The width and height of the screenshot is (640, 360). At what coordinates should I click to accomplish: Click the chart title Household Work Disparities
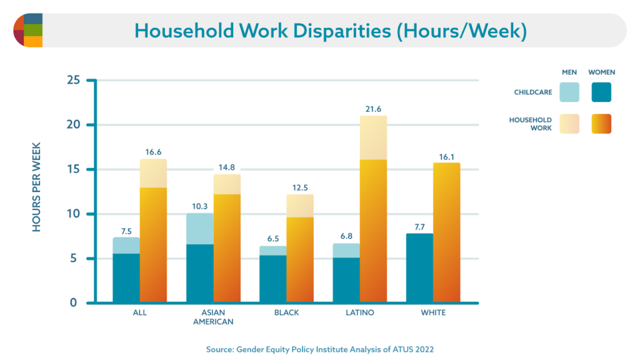(x=330, y=31)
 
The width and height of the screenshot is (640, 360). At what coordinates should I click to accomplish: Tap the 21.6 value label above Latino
(x=373, y=109)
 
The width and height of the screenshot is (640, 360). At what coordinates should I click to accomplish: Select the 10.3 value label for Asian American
(x=199, y=206)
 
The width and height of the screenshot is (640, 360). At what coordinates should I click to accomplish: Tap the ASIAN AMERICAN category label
(x=214, y=317)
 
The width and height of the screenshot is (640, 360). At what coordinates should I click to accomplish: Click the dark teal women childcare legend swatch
(x=601, y=92)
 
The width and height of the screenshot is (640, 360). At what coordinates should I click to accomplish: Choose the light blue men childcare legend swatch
(x=569, y=92)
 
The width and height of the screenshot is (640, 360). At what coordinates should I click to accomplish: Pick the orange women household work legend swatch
(x=601, y=124)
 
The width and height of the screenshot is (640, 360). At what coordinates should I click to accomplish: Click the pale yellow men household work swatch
(x=569, y=124)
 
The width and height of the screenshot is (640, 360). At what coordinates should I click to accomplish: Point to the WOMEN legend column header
(x=601, y=72)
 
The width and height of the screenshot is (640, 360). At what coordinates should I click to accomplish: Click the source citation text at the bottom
(x=319, y=349)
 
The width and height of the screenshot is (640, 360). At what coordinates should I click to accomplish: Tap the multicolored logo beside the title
(x=27, y=30)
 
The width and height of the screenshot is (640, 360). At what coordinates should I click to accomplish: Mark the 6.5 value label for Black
(x=273, y=239)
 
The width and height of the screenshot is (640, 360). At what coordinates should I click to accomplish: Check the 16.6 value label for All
(x=153, y=151)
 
